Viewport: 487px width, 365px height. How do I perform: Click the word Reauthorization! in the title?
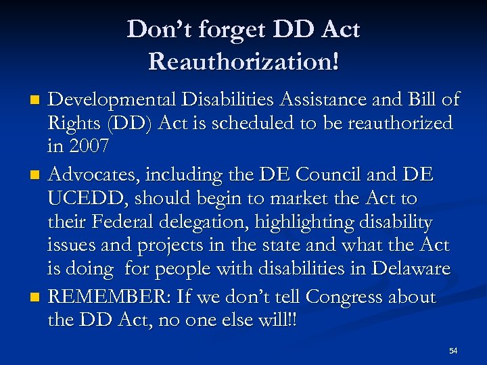pyautogui.click(x=243, y=62)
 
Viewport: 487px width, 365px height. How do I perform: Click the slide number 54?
pyautogui.click(x=453, y=351)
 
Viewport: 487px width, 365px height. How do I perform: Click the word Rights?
pyautogui.click(x=72, y=124)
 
